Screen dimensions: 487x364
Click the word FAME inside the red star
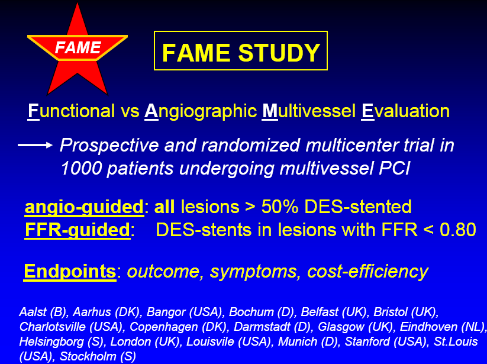click(x=78, y=47)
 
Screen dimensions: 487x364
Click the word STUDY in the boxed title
click(x=279, y=53)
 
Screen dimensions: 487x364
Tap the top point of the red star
click(x=78, y=4)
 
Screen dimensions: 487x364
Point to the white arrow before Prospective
click(x=35, y=145)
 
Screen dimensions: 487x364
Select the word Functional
click(x=71, y=111)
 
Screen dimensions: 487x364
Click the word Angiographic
click(x=201, y=111)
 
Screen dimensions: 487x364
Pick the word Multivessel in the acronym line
click(x=309, y=111)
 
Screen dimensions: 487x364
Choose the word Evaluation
click(x=405, y=111)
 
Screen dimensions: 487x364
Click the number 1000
click(x=82, y=168)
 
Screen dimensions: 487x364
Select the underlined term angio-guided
click(x=84, y=207)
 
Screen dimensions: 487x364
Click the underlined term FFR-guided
click(x=78, y=230)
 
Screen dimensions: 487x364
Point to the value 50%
click(x=280, y=207)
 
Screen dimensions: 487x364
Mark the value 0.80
click(x=458, y=230)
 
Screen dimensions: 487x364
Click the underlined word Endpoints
click(x=70, y=272)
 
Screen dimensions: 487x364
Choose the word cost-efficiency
click(x=367, y=272)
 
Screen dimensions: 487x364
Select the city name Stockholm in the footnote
click(x=88, y=356)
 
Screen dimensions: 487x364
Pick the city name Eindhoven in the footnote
click(x=428, y=327)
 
